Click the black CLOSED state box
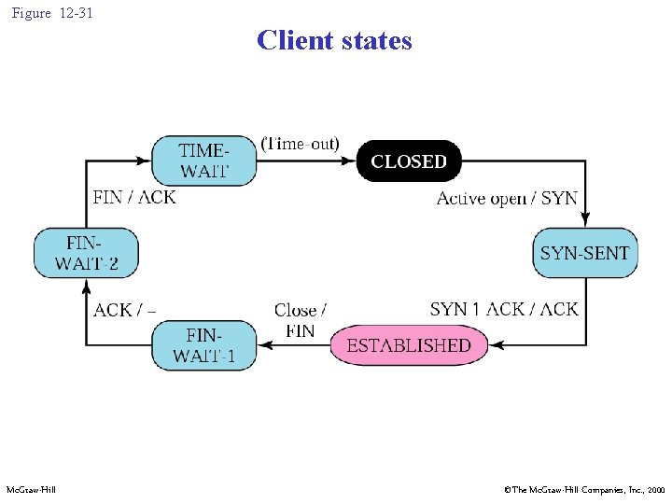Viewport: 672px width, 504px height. [x=409, y=161]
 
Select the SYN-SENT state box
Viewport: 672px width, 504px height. [x=585, y=252]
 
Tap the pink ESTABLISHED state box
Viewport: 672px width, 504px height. [x=409, y=345]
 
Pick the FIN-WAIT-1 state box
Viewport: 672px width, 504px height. [x=204, y=345]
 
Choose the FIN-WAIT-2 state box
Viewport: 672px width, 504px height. [x=87, y=252]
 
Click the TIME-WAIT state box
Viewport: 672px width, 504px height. [x=204, y=161]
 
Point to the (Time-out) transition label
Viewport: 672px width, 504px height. [x=301, y=144]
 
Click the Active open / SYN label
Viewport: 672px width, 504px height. [x=507, y=198]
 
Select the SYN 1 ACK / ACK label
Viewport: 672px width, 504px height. [x=504, y=309]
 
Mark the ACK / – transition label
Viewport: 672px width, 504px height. [x=124, y=309]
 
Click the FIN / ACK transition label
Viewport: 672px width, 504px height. [x=134, y=197]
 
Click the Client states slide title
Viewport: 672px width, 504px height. [x=334, y=40]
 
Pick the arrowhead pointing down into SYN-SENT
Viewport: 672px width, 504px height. [x=585, y=222]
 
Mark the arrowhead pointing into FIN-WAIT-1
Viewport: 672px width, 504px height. [x=263, y=345]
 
